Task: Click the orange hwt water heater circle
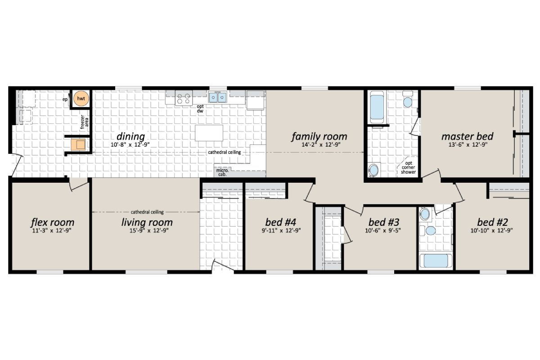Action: click(x=81, y=98)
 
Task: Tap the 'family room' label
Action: click(x=319, y=136)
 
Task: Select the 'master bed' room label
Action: click(x=467, y=136)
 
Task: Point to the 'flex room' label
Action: click(x=52, y=222)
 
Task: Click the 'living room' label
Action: click(x=147, y=222)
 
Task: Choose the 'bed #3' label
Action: click(x=383, y=222)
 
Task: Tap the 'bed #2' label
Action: click(x=492, y=222)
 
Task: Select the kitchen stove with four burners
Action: click(x=183, y=98)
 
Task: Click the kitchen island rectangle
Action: click(x=209, y=133)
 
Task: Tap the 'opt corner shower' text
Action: click(x=408, y=167)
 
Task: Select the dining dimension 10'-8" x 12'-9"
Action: click(x=131, y=144)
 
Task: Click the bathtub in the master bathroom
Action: click(x=377, y=107)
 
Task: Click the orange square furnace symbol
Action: click(x=80, y=145)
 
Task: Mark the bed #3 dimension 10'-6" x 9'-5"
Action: click(x=383, y=230)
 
